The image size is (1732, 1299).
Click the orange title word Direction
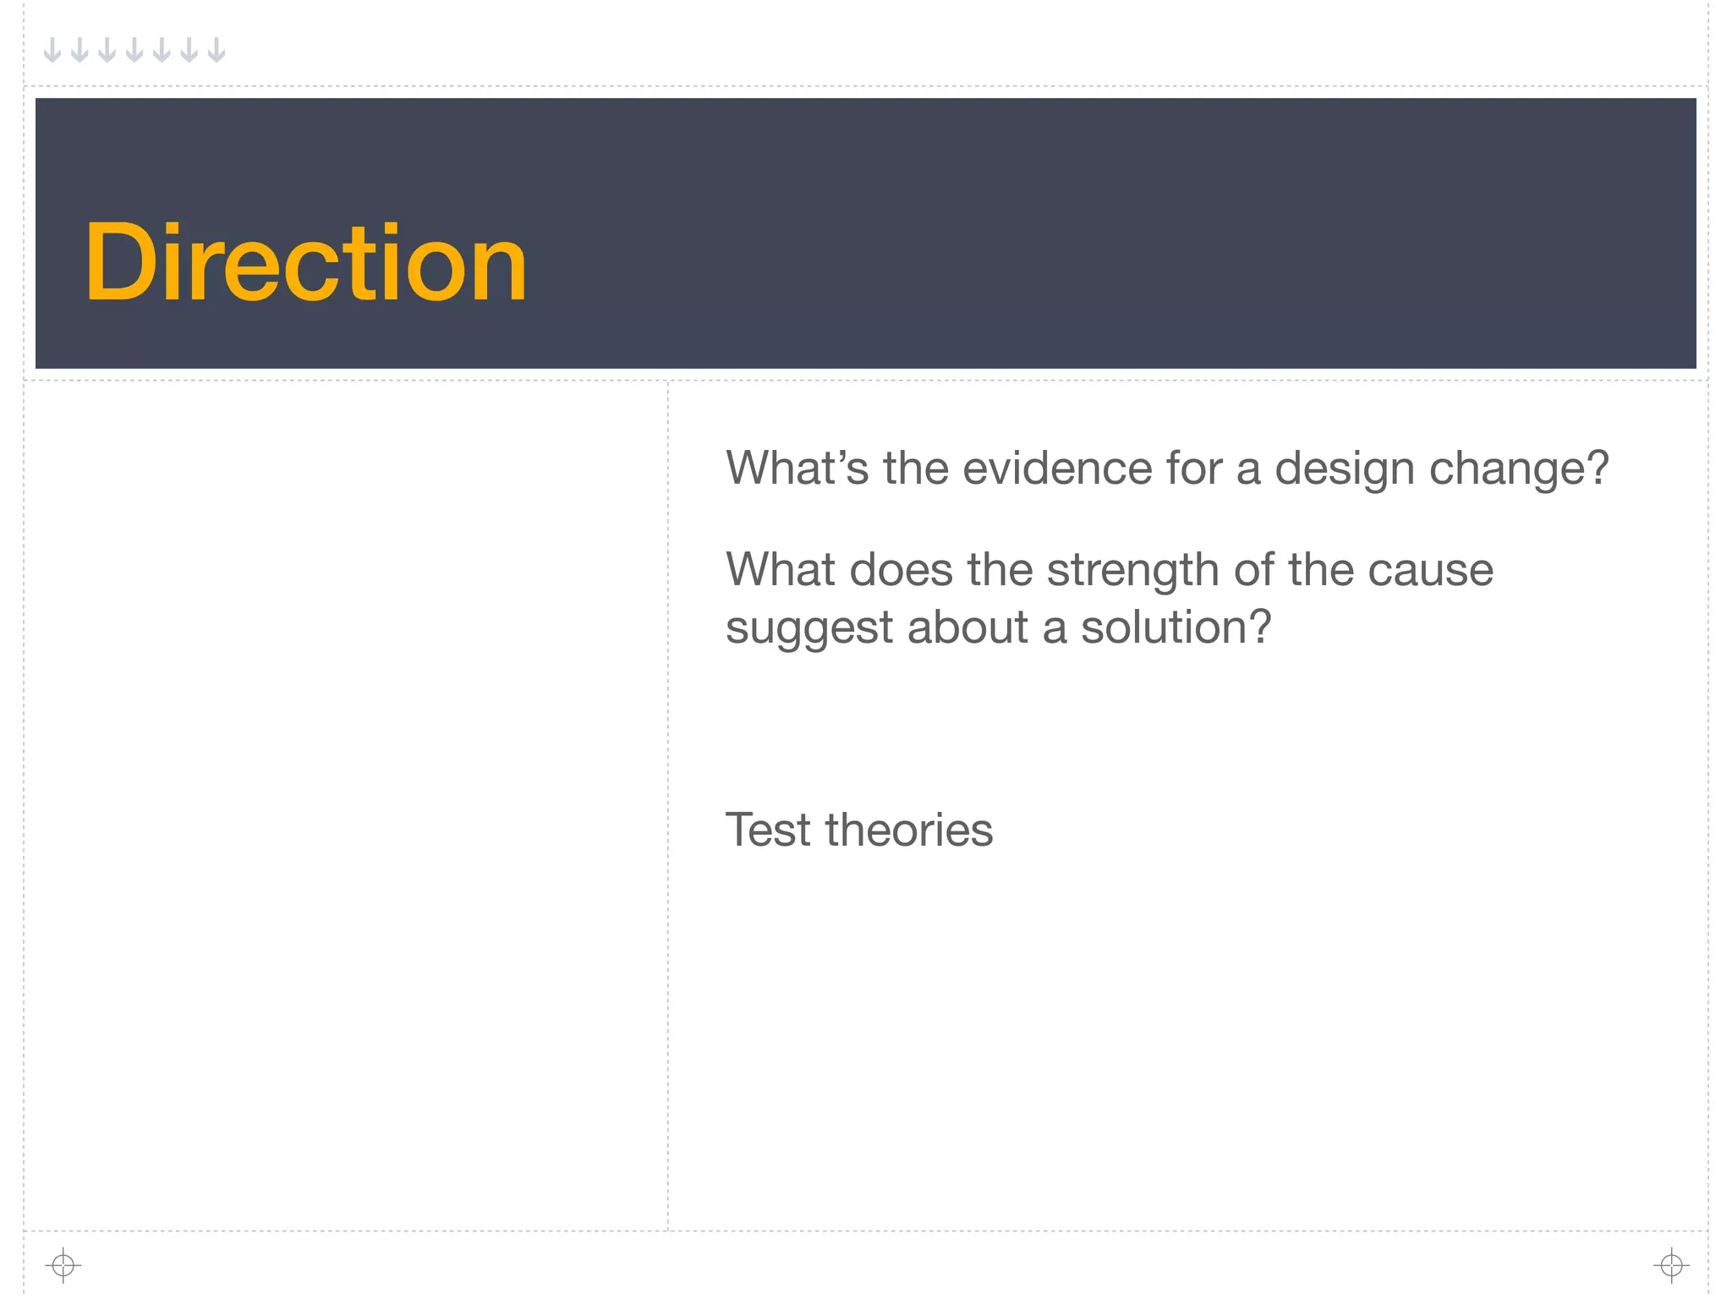pyautogui.click(x=306, y=262)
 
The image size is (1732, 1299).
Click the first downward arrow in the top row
pyautogui.click(x=52, y=50)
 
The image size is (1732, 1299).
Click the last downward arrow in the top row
pyautogui.click(x=216, y=50)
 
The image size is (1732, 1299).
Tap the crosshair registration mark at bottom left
pyautogui.click(x=63, y=1265)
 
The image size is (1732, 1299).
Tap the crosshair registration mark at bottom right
pyautogui.click(x=1671, y=1265)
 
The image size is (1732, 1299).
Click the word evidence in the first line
pyautogui.click(x=1057, y=468)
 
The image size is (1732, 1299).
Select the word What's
pyautogui.click(x=797, y=468)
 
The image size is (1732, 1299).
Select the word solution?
pyautogui.click(x=1176, y=628)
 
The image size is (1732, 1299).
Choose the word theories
pyautogui.click(x=909, y=830)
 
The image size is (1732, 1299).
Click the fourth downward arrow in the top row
pyautogui.click(x=134, y=50)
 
